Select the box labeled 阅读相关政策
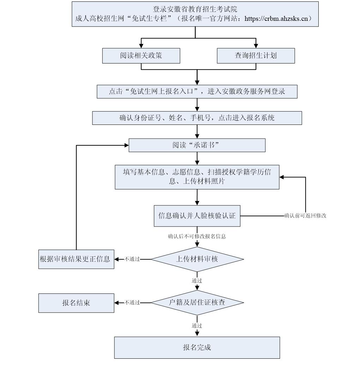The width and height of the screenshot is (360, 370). [141, 56]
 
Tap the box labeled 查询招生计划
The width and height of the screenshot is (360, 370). [256, 56]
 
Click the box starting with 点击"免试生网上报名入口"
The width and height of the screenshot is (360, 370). [197, 92]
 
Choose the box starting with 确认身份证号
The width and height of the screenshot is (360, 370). [197, 118]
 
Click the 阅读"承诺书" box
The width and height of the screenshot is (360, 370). [197, 145]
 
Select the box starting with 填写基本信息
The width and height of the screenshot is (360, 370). [197, 176]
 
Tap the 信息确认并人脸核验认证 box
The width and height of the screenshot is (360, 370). [197, 216]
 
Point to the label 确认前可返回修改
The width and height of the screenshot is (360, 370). [305, 216]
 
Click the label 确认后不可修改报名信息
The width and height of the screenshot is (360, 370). [197, 236]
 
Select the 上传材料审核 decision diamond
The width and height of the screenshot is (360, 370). [197, 259]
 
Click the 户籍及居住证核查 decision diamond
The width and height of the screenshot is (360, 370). [197, 303]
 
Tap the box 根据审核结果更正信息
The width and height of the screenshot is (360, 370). [76, 259]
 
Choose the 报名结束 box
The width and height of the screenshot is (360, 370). [76, 303]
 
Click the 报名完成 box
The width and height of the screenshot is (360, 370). [197, 347]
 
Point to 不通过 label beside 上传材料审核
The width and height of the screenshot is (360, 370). [132, 259]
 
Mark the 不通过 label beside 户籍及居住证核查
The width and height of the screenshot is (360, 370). [132, 303]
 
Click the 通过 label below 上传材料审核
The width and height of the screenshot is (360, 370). [197, 281]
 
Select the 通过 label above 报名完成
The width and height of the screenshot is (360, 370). [197, 325]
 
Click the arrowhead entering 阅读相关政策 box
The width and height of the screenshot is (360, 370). [141, 46]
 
